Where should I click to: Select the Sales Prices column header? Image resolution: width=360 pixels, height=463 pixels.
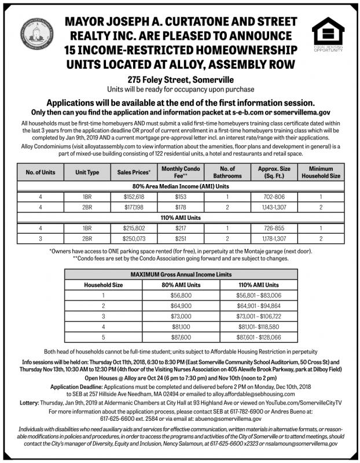coord(134,172)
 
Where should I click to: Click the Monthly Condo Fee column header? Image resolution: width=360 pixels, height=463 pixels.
coord(179,171)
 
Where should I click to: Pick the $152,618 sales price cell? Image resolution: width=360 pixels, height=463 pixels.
coord(134,197)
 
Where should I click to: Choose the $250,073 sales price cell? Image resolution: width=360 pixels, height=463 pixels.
coord(134,237)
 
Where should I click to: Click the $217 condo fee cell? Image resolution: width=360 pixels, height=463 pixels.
coord(179,228)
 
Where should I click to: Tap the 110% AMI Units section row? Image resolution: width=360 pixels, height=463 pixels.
coord(180,218)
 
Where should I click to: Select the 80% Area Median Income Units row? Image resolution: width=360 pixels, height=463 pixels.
coord(180,187)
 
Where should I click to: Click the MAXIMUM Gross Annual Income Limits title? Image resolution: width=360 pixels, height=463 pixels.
coord(180,274)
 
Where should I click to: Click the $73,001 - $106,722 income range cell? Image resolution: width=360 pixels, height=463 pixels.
coord(259,315)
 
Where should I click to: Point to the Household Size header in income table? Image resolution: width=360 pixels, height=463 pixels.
coord(104,285)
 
